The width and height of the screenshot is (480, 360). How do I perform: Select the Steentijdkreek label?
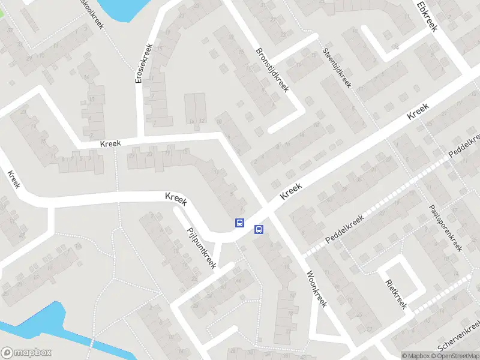(x=337, y=68)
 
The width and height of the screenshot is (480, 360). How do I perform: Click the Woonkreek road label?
(x=316, y=289)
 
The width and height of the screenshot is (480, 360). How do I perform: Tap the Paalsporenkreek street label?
(x=446, y=227)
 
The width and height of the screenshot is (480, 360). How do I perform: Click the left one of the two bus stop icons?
(x=239, y=223)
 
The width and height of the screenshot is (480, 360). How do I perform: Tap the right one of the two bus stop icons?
(x=259, y=229)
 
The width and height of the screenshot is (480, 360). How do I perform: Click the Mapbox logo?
(x=26, y=353)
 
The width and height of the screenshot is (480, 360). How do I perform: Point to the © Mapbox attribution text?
(x=416, y=356)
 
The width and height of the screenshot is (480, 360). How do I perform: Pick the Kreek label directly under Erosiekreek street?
(x=110, y=143)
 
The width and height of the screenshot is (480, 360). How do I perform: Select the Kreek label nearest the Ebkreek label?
(x=418, y=112)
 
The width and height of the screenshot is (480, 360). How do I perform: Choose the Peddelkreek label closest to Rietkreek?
(x=345, y=229)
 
